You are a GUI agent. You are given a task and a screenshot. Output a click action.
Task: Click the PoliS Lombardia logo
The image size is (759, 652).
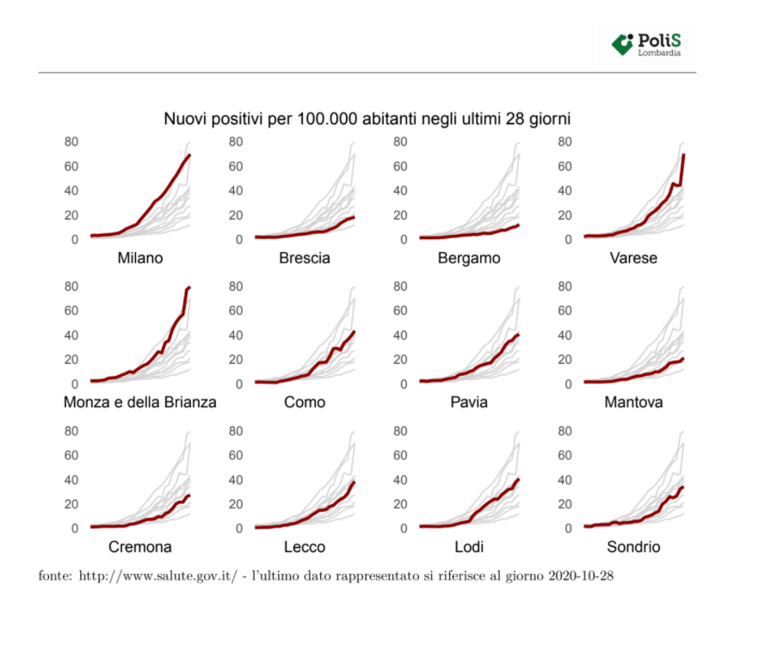647,44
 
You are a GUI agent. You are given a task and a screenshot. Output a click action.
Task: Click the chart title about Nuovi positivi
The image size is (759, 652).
367,119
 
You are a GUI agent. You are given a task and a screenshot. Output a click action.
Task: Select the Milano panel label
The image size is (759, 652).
140,258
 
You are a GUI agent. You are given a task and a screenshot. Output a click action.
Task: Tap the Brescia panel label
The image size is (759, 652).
305,258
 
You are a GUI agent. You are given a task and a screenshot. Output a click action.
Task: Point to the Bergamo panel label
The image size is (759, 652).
469,258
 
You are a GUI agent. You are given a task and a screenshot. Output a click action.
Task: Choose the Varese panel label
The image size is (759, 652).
633,258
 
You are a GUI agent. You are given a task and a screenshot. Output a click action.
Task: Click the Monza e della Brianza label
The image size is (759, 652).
140,402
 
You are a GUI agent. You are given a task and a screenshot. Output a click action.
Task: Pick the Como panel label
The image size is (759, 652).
305,402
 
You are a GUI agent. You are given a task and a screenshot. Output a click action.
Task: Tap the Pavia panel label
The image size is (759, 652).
469,402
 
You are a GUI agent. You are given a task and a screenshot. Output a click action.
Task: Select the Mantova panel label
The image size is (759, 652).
633,402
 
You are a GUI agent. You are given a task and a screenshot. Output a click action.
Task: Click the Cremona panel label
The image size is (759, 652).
140,547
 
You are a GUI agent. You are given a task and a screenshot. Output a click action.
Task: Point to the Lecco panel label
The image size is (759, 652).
305,547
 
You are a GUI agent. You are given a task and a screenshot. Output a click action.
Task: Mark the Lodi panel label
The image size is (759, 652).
469,547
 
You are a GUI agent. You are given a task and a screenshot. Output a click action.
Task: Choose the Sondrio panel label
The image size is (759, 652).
633,547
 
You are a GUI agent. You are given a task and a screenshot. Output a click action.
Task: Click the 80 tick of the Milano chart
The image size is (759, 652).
72,142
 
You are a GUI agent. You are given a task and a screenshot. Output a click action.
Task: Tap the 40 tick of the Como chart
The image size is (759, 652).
237,335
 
